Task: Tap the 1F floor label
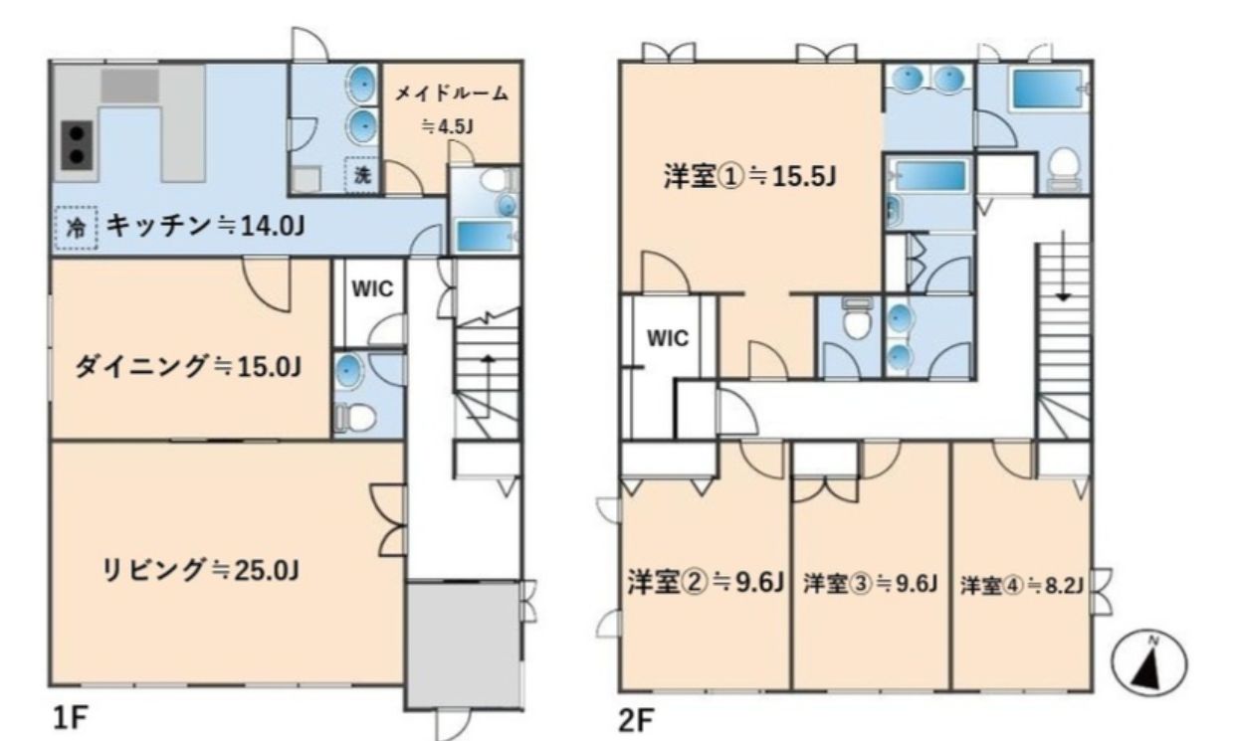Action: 71,718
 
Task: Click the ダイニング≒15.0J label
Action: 188,366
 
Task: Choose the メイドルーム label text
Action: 452,93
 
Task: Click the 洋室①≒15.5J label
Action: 749,177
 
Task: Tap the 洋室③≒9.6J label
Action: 871,582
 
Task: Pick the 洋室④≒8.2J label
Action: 1022,582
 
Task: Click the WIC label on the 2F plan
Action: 668,337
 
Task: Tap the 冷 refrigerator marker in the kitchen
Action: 76,227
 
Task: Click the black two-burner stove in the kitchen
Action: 77,144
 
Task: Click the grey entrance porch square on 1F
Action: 463,646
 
